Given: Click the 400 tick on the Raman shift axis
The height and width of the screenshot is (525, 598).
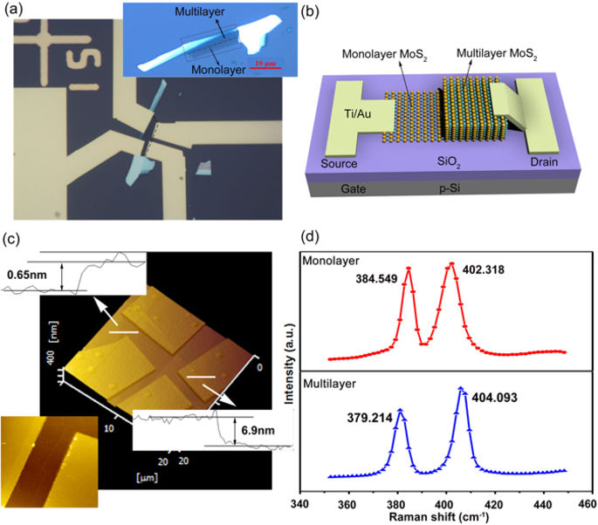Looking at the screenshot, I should pos(446,505).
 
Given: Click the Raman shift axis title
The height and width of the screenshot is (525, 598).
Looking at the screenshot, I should pos(445,518).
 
